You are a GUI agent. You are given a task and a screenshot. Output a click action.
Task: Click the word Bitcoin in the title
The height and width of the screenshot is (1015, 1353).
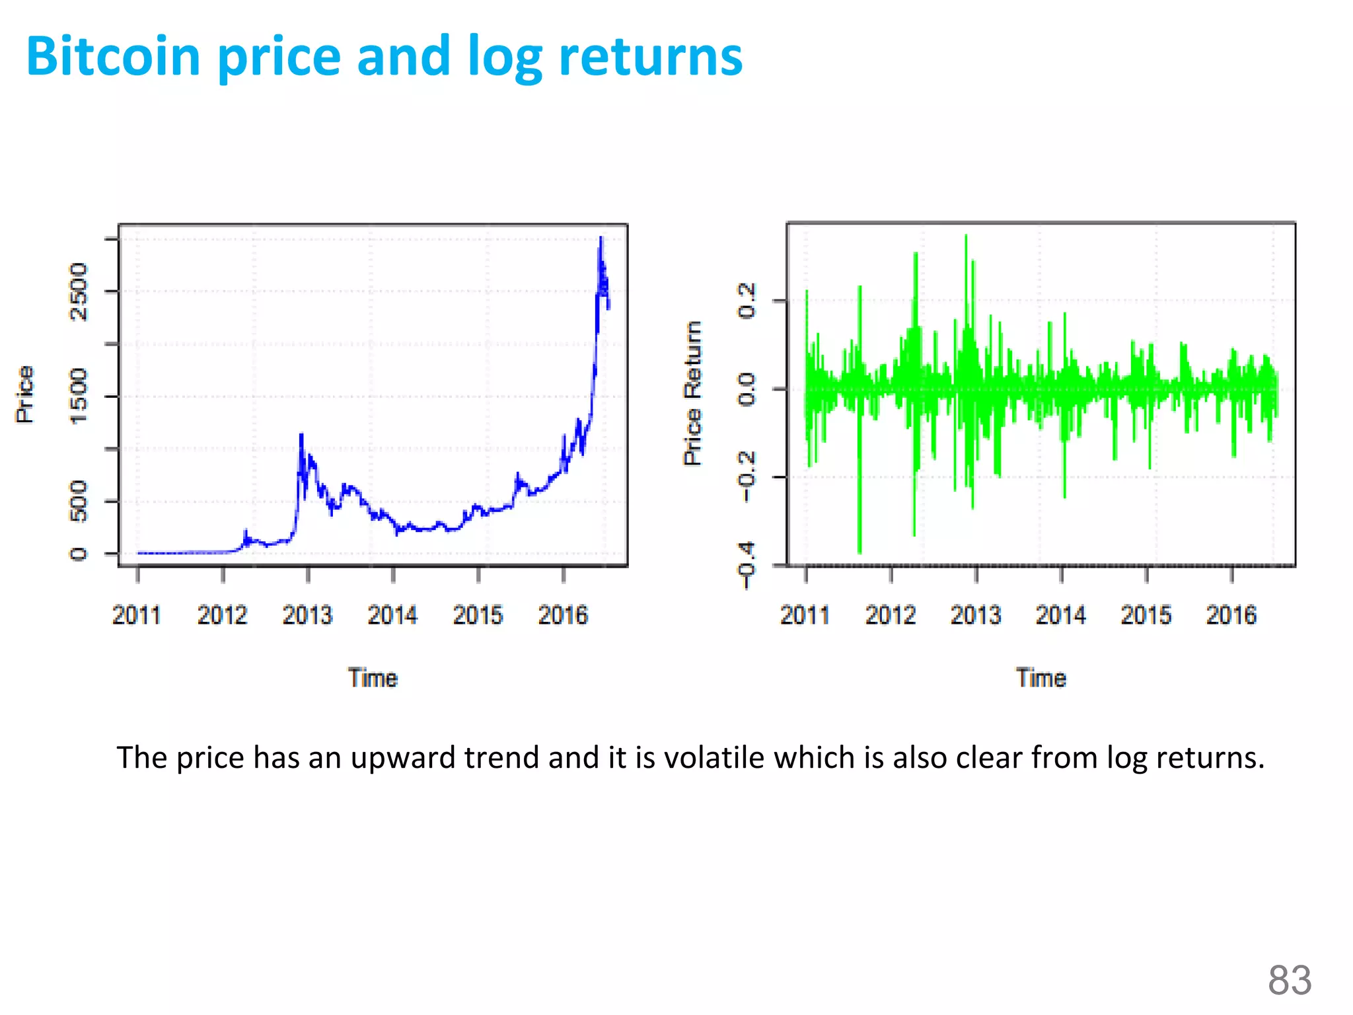(x=113, y=57)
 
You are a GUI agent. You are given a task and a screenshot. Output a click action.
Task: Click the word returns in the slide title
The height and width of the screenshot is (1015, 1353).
(x=651, y=57)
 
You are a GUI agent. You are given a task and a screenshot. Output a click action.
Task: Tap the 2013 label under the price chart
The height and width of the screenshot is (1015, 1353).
(x=307, y=615)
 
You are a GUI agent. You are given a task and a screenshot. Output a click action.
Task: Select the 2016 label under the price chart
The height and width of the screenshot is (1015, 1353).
(x=563, y=615)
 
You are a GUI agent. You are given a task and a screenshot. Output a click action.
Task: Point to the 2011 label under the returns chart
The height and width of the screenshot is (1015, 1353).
(x=805, y=615)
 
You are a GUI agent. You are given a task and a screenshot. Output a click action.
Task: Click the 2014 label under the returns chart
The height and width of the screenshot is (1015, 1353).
(x=1060, y=615)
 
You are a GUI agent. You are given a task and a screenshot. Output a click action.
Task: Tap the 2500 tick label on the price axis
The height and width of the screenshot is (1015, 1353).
(x=79, y=291)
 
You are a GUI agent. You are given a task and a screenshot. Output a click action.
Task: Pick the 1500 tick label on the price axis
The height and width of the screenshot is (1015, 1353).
(x=79, y=396)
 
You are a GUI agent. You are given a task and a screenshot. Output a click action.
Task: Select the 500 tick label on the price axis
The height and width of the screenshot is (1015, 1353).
(x=79, y=501)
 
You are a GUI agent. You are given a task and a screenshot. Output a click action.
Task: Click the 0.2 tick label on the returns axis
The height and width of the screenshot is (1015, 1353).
(x=747, y=301)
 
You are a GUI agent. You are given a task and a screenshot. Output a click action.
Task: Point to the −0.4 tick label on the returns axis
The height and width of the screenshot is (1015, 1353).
(x=747, y=566)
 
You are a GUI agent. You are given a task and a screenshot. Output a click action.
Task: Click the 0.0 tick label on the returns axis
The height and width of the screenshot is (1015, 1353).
(x=747, y=389)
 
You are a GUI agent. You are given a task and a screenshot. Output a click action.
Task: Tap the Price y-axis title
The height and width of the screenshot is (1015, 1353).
(x=25, y=395)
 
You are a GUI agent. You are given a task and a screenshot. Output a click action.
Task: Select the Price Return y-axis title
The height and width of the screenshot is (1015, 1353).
(x=692, y=394)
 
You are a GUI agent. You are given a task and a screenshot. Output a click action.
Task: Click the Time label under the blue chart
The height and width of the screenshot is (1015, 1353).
(x=373, y=679)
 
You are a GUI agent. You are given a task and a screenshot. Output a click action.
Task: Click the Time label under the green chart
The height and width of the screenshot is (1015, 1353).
(x=1041, y=679)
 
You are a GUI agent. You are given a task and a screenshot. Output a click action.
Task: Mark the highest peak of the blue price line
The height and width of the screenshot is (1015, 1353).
(x=601, y=238)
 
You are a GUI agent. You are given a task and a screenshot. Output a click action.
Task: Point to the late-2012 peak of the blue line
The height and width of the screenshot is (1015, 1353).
(x=301, y=435)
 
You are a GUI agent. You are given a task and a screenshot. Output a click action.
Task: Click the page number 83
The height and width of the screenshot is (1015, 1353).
(x=1289, y=980)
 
